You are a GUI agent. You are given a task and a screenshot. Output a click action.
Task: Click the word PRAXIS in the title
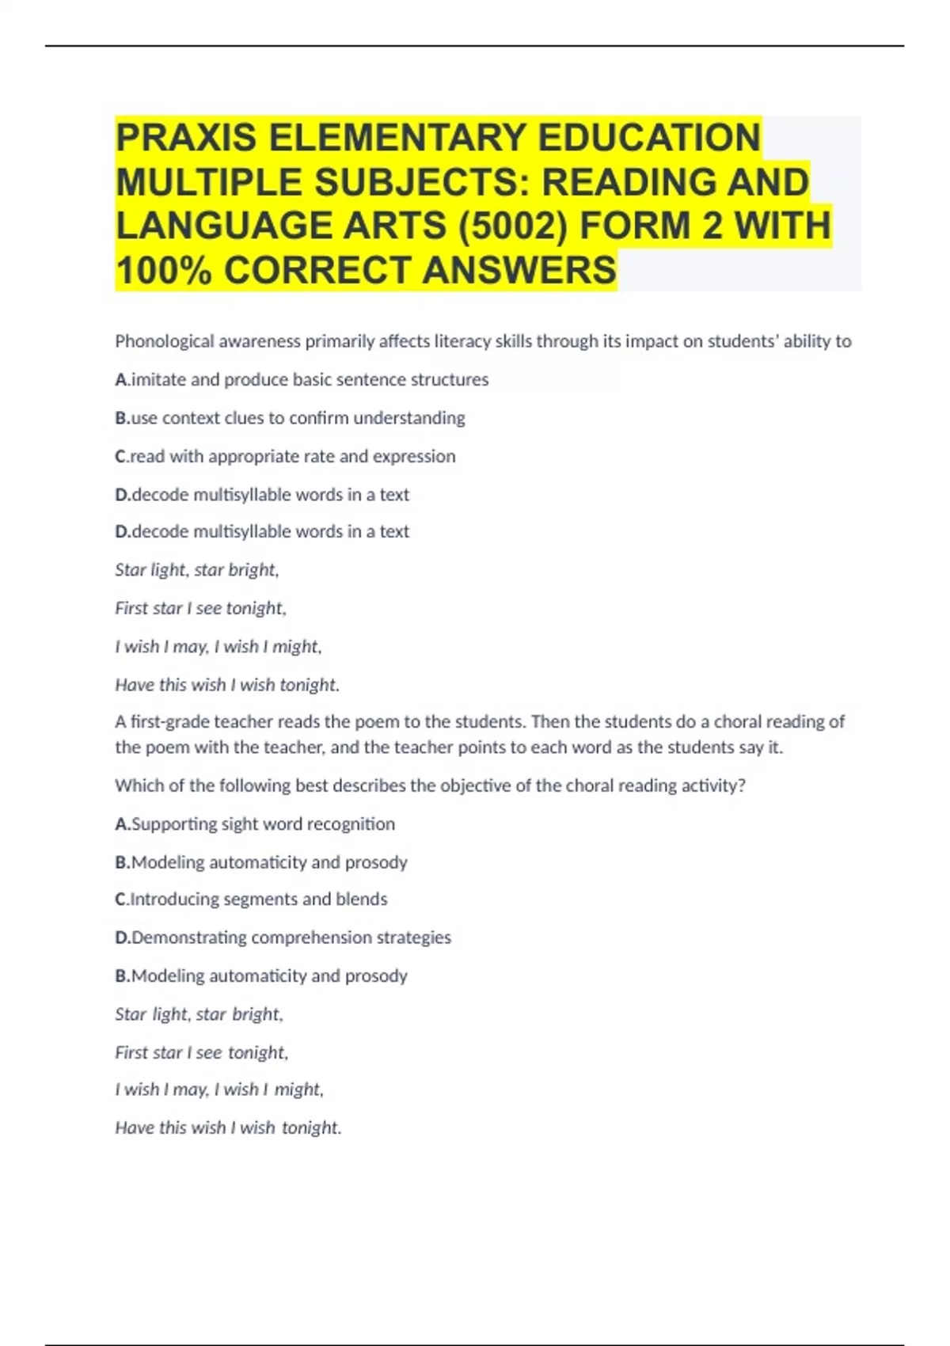coord(186,138)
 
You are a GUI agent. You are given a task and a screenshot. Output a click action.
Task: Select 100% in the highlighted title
coord(164,270)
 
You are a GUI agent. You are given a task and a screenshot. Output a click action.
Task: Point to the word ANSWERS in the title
coord(519,270)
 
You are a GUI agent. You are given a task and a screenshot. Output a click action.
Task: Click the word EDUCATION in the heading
coord(649,138)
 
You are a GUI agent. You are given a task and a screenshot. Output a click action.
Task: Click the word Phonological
coord(165,341)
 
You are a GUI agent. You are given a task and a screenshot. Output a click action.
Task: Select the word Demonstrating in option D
coord(189,937)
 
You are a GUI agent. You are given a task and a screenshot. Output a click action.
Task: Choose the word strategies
coord(413,937)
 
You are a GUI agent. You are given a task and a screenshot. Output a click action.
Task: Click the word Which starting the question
coord(137,785)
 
